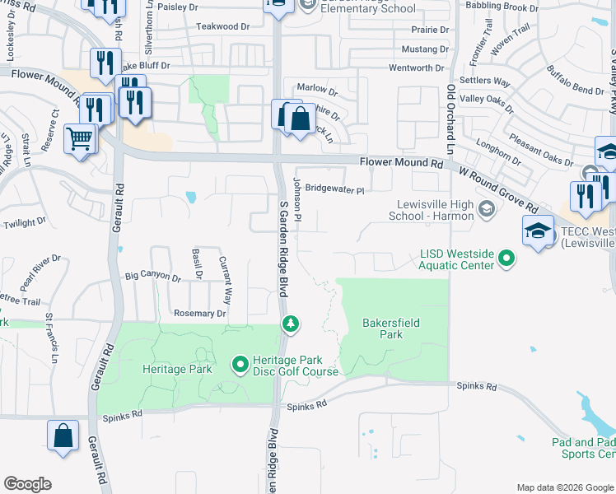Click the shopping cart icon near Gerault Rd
pyautogui.click(x=80, y=138)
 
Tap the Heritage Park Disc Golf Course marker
pyautogui.click(x=240, y=363)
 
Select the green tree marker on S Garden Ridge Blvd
pyautogui.click(x=289, y=324)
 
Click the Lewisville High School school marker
pyautogui.click(x=486, y=209)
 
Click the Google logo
pyautogui.click(x=27, y=484)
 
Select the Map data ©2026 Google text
pyautogui.click(x=565, y=487)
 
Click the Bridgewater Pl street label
pyautogui.click(x=334, y=189)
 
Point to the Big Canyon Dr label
pyautogui.click(x=152, y=277)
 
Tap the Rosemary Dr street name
pyautogui.click(x=199, y=314)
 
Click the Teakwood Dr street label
pyautogui.click(x=222, y=26)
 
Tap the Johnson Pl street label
pyautogui.click(x=300, y=204)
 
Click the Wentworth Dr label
pyautogui.click(x=416, y=68)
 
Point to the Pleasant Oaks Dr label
pyautogui.click(x=540, y=148)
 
